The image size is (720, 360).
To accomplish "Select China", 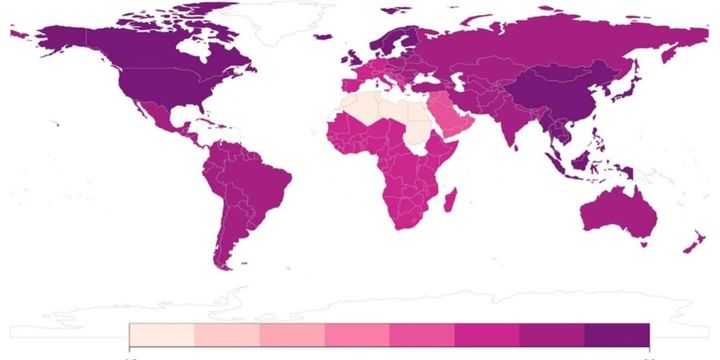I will click(565, 95).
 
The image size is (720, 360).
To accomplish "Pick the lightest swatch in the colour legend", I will click(161, 334).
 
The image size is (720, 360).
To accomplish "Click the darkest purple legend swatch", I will click(616, 334).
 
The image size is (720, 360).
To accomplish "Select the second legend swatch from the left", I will click(226, 334).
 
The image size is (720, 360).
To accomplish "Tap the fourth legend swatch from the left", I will click(356, 334).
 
